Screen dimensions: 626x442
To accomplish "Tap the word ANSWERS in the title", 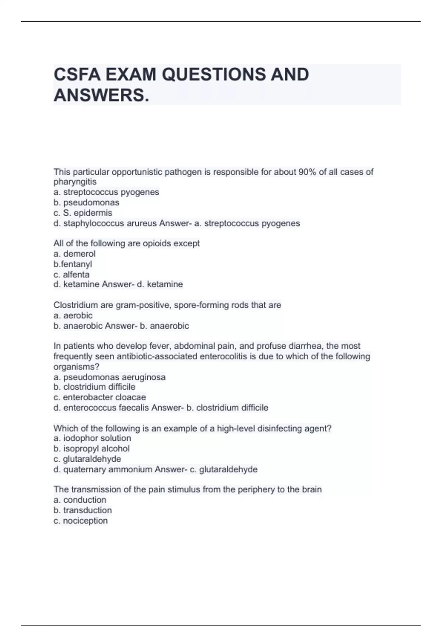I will [x=101, y=95].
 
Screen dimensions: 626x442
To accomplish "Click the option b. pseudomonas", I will [x=86, y=203].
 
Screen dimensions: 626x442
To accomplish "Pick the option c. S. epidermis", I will [x=83, y=213].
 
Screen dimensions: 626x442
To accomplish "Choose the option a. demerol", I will [x=74, y=254].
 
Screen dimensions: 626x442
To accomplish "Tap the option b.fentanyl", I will [x=73, y=264].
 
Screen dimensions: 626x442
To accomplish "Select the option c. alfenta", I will [x=71, y=274].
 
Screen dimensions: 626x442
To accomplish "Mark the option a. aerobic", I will [x=73, y=316].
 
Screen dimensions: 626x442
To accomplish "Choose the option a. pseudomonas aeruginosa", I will [x=109, y=377].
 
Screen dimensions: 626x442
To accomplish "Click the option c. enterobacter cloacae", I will [x=99, y=397].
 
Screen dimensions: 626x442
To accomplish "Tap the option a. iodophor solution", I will [x=92, y=438].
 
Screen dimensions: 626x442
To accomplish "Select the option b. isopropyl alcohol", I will [x=91, y=449].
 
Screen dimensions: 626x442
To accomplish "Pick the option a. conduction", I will [x=80, y=500].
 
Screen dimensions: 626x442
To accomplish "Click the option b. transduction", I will [x=83, y=510].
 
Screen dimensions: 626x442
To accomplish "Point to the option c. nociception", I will [x=81, y=521].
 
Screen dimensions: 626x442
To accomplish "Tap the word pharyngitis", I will [x=75, y=182].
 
